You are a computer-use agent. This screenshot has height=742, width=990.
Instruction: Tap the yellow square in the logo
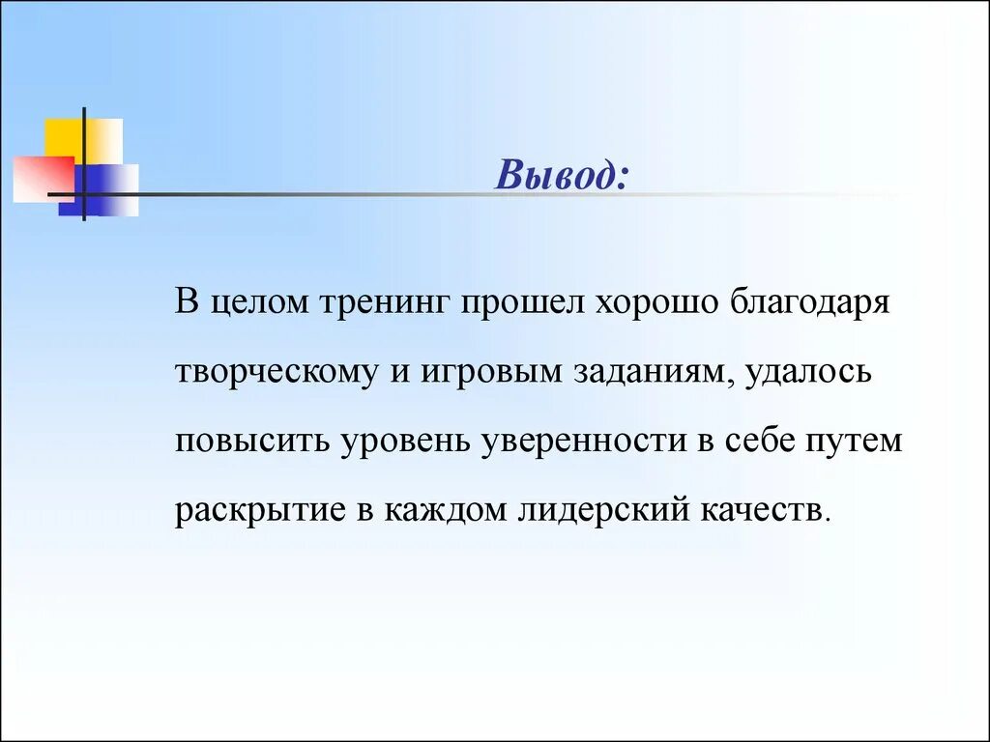[x=64, y=137]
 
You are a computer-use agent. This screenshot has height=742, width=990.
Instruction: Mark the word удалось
[x=808, y=372]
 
